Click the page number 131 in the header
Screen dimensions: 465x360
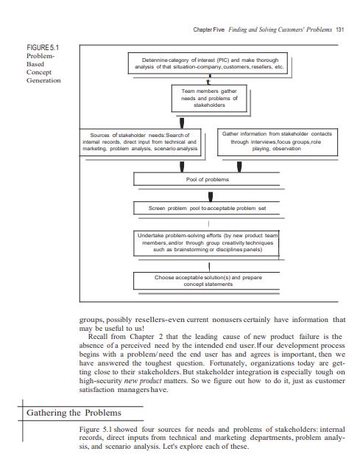click(x=339, y=29)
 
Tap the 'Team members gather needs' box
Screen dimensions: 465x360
click(x=209, y=97)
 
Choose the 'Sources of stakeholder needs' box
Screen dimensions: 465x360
click(x=139, y=141)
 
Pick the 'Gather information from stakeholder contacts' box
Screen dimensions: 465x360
click(x=277, y=141)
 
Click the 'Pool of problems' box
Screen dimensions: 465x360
click(x=208, y=179)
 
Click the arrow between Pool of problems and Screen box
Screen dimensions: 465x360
click(x=211, y=195)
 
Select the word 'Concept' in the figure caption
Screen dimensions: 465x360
click(x=40, y=72)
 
